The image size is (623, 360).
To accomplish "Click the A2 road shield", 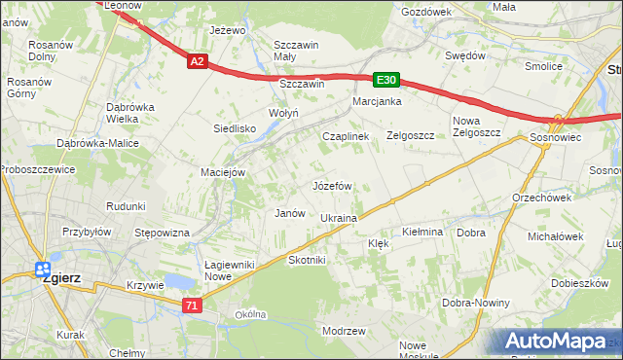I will [197, 61].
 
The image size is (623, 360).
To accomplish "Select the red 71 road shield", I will [192, 306].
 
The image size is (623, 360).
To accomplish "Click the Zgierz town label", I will [60, 277].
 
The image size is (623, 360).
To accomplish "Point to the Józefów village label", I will [331, 185].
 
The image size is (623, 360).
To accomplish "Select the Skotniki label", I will [307, 261].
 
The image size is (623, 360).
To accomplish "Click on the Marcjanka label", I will [377, 101].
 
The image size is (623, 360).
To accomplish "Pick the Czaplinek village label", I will [346, 137].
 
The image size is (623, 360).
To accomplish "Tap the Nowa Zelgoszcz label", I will [476, 127].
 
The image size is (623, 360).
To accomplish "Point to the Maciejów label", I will [222, 173].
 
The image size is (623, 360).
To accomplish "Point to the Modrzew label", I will [343, 331].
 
